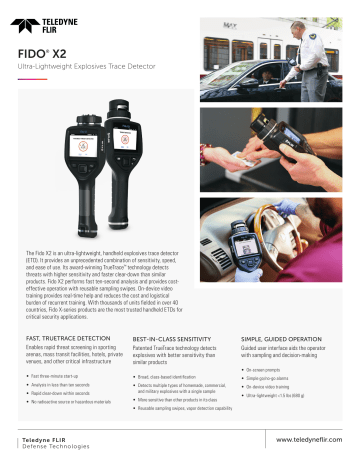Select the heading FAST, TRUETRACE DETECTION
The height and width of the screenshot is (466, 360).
click(67, 341)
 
